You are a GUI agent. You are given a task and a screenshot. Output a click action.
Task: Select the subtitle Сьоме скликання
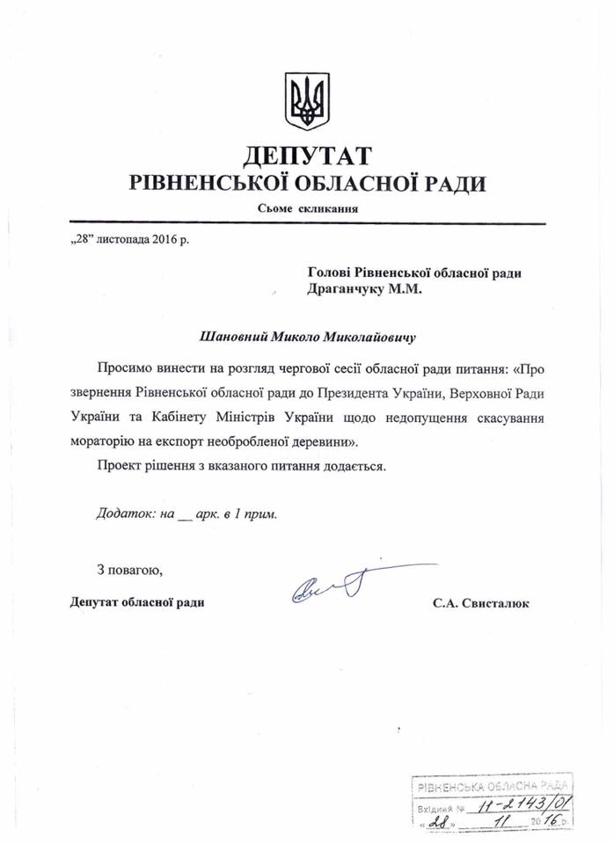(x=308, y=208)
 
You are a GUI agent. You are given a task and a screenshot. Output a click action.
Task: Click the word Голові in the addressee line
(x=333, y=273)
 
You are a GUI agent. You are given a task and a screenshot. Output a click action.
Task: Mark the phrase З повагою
(x=128, y=572)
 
